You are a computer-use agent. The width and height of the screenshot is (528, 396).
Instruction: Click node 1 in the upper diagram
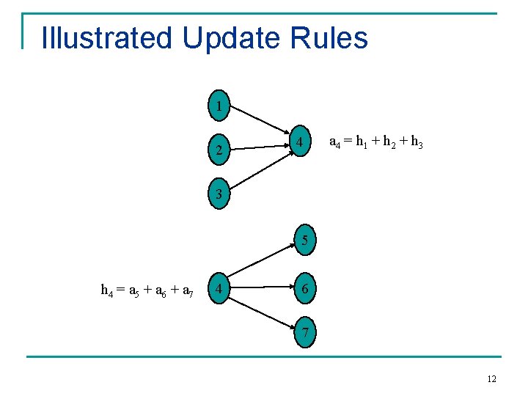pyautogui.click(x=219, y=106)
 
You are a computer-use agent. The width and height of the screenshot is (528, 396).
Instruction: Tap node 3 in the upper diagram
pyautogui.click(x=219, y=194)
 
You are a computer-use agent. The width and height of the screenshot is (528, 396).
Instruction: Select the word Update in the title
pyautogui.click(x=231, y=38)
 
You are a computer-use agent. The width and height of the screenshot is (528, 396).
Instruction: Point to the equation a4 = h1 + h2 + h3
pyautogui.click(x=375, y=142)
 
